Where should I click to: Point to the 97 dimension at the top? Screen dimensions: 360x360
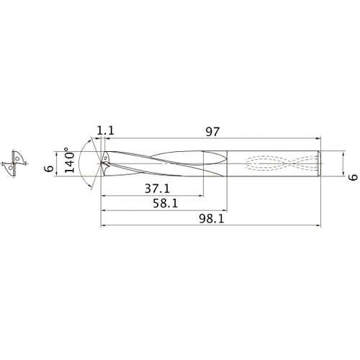click(x=212, y=132)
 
